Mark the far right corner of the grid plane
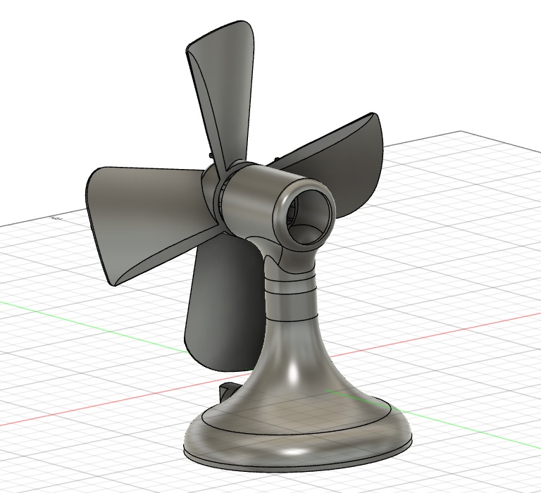click(461, 132)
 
